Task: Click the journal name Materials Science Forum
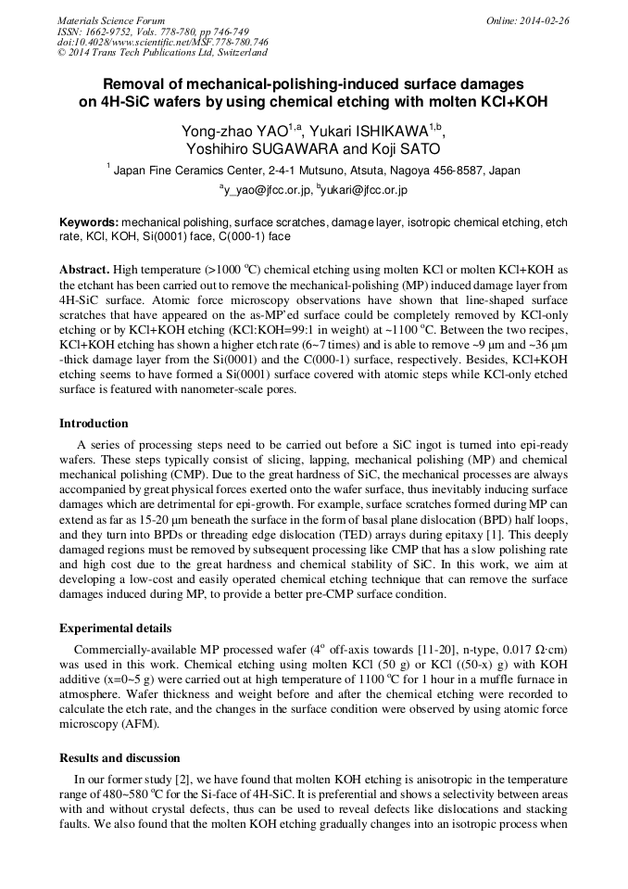point(111,19)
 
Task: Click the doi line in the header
point(163,42)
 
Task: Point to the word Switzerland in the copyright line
point(231,53)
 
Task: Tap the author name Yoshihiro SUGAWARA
point(252,149)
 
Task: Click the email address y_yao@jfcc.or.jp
point(265,190)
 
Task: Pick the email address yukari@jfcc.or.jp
point(365,190)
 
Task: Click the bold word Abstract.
point(84,269)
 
